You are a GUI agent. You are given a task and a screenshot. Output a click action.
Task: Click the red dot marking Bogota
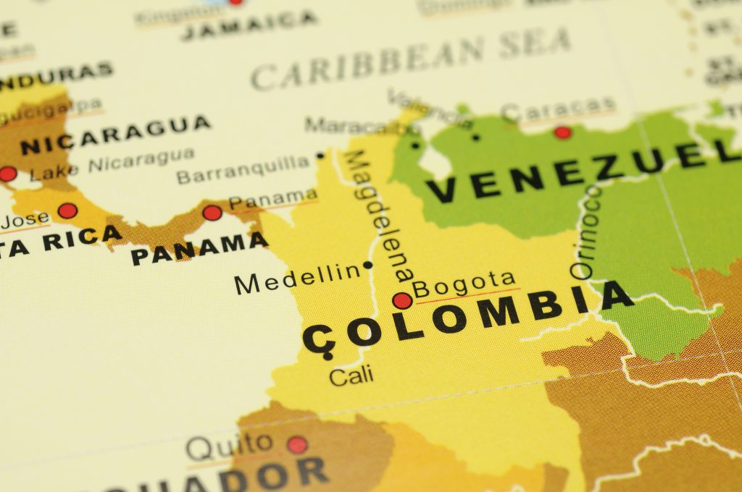[402, 300]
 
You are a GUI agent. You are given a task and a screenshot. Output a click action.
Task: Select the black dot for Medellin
[368, 265]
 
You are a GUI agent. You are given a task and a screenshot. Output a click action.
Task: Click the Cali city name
[351, 376]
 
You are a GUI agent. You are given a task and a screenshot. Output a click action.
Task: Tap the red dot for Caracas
[562, 132]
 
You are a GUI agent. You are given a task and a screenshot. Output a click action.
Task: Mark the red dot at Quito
[297, 444]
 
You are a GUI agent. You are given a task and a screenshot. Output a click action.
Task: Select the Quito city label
[230, 447]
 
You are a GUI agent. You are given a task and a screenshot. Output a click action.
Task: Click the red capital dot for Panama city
[212, 213]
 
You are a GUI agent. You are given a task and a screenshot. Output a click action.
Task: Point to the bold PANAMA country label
[199, 248]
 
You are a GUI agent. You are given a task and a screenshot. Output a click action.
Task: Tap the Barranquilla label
[243, 169]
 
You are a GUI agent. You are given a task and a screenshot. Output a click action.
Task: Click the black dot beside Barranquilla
[320, 155]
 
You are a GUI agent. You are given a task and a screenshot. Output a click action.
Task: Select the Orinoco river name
[587, 232]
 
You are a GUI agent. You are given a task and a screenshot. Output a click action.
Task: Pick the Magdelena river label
[379, 215]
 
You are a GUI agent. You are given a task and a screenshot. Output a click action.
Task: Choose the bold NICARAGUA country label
[116, 134]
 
